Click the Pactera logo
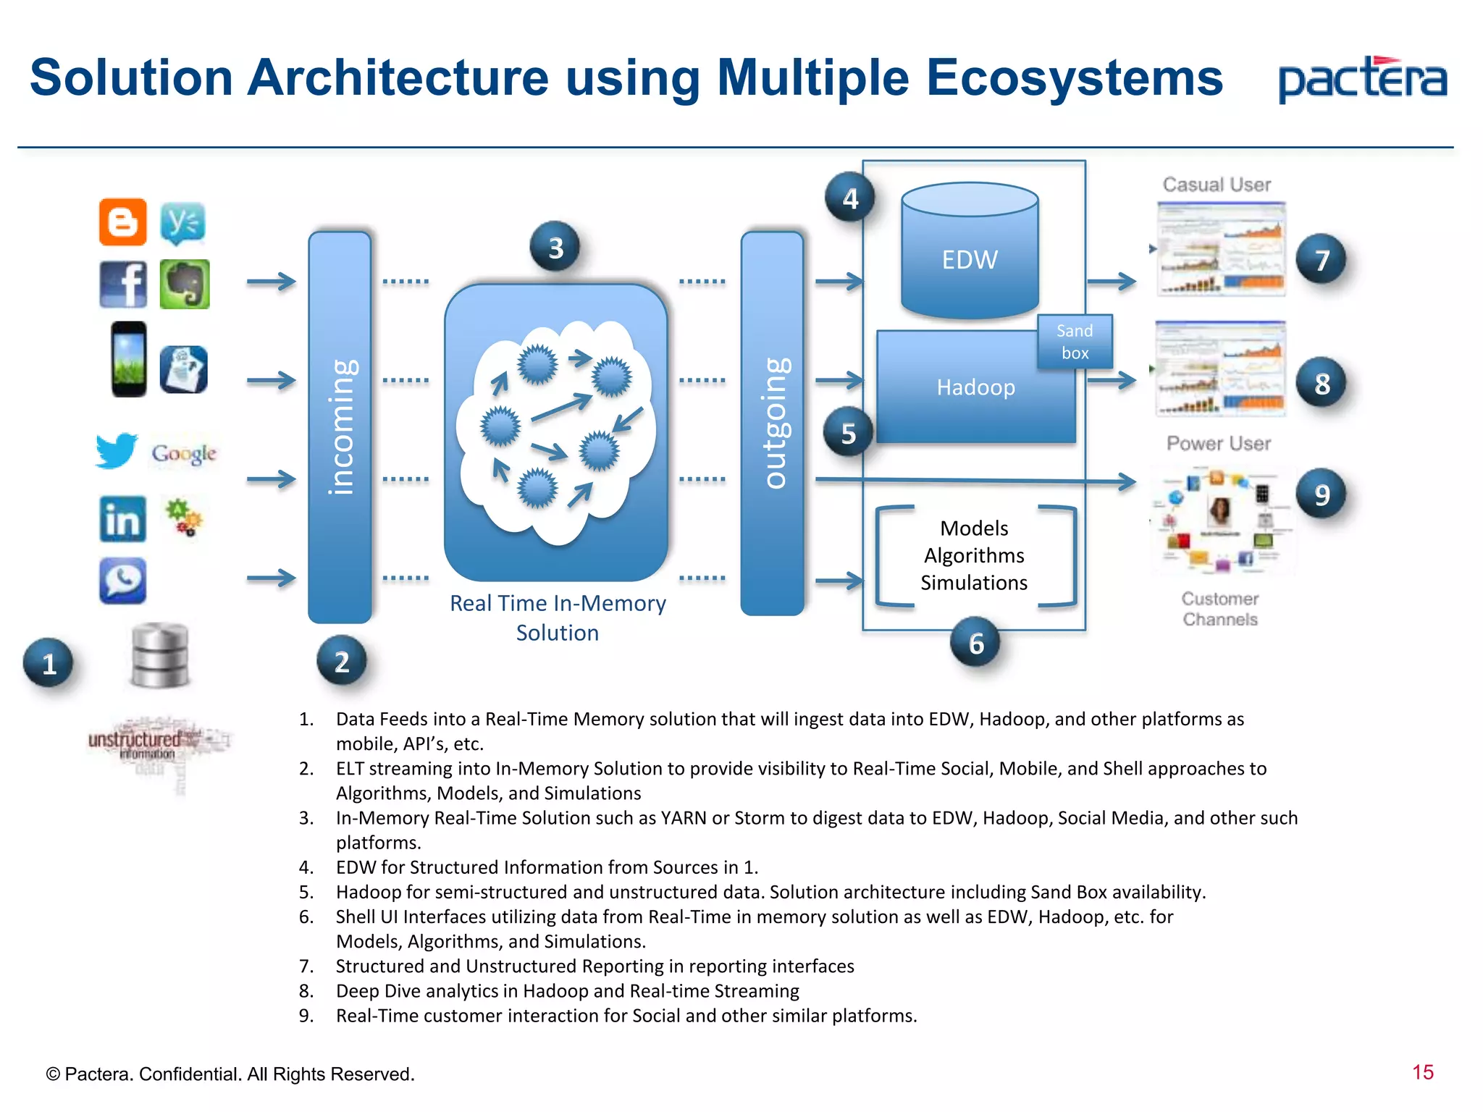[x=1362, y=80]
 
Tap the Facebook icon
[x=123, y=285]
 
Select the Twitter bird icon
[x=116, y=450]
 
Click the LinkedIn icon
[x=122, y=519]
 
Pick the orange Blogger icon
[x=122, y=222]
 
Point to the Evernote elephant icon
[x=185, y=285]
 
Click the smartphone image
[x=129, y=359]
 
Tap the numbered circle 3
[x=555, y=248]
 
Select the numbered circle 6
[x=976, y=643]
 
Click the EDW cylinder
[x=970, y=253]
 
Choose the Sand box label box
[x=1075, y=342]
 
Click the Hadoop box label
[x=975, y=387]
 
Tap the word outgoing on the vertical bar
[x=773, y=424]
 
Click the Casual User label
[x=1217, y=185]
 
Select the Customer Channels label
[x=1220, y=609]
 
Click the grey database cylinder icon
[x=160, y=655]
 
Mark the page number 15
[x=1422, y=1072]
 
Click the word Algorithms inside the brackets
[x=974, y=555]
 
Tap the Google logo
[x=184, y=454]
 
